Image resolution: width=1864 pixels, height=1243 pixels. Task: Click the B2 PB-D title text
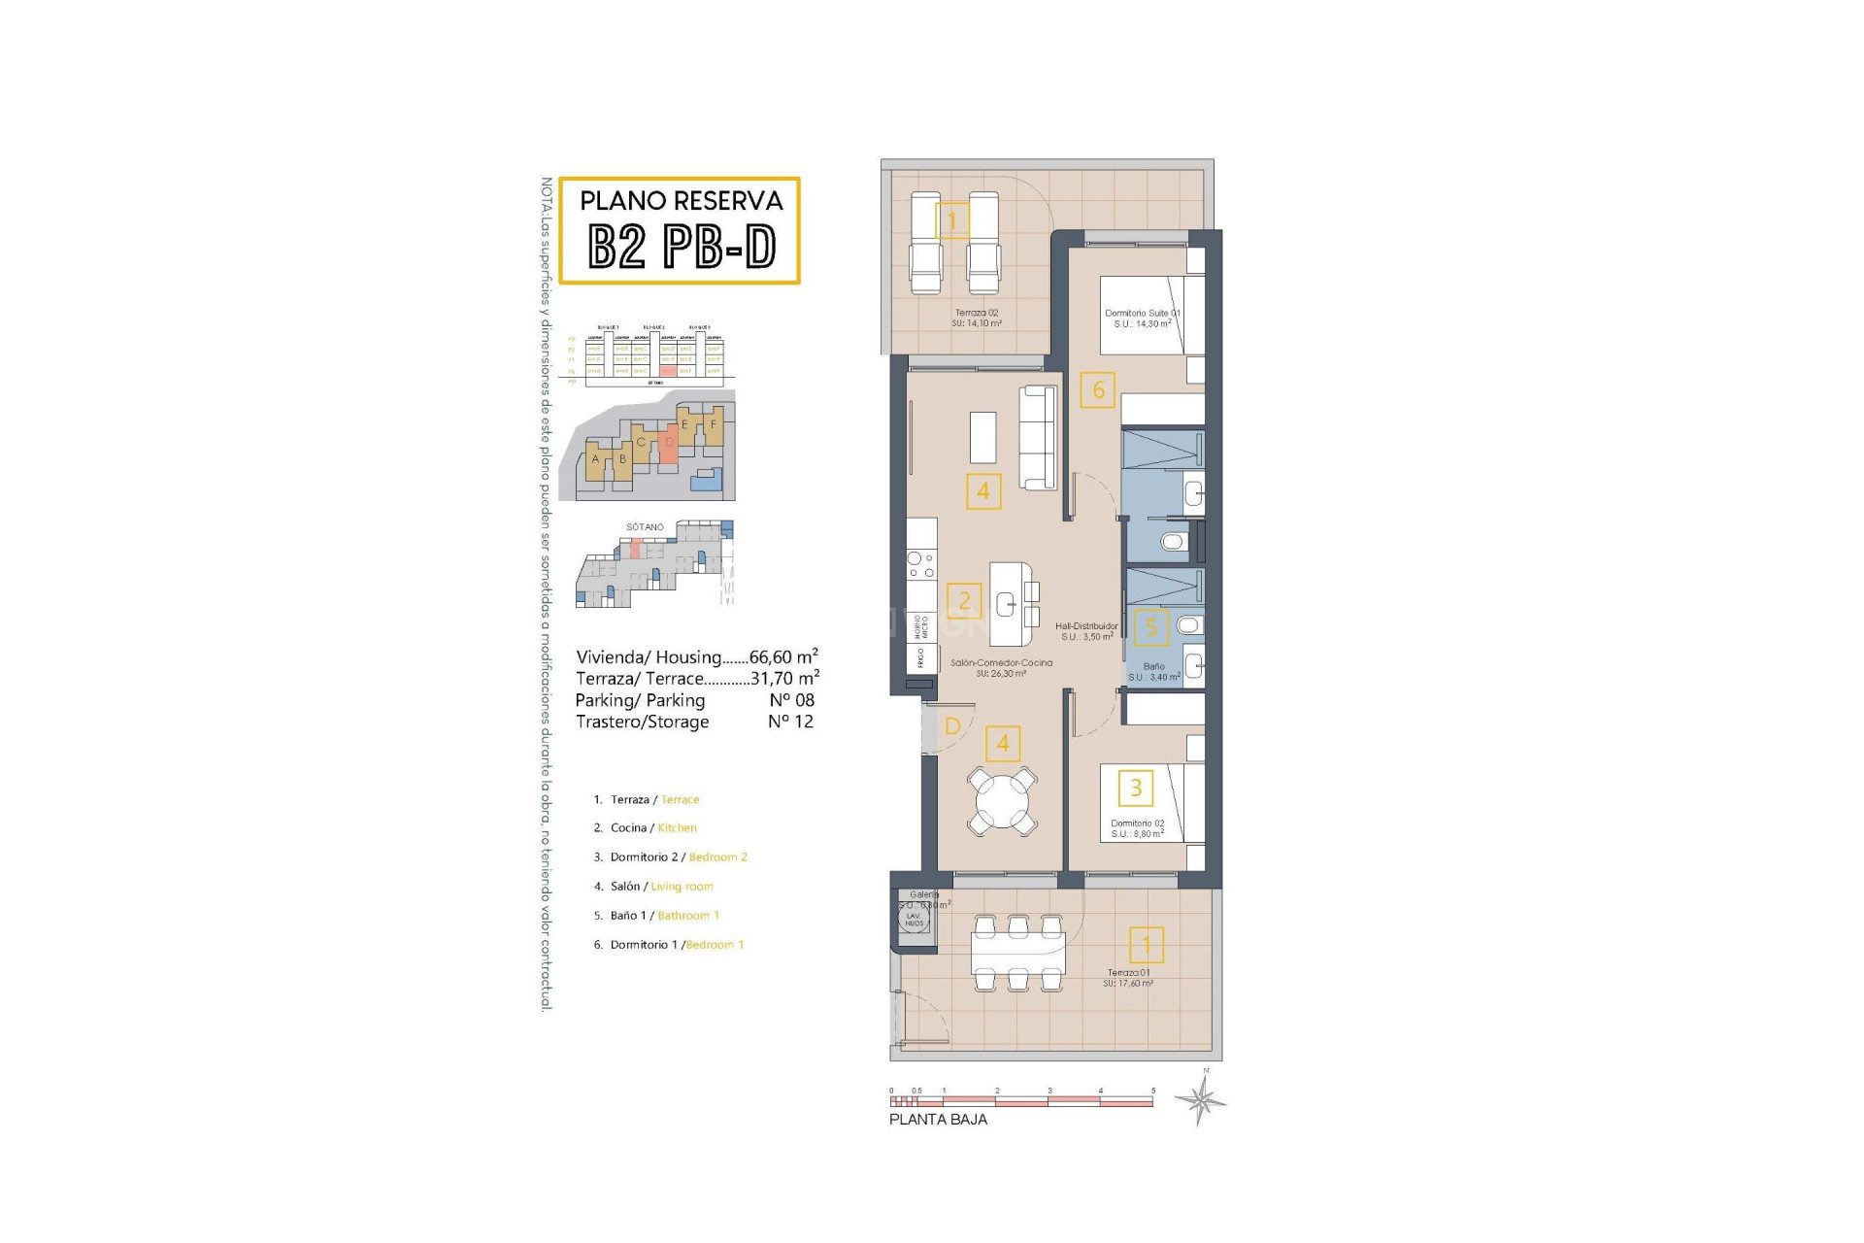[x=682, y=247]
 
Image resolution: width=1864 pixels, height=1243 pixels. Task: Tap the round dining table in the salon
[x=1003, y=800]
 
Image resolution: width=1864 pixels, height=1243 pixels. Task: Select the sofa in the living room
[x=1038, y=438]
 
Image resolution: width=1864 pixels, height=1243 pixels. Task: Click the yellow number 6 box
[x=1098, y=390]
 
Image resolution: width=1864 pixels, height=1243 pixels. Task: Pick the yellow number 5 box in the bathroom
[x=1151, y=627]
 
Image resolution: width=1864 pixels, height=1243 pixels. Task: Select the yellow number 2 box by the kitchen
[x=964, y=601]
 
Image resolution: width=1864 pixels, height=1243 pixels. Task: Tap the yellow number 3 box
[x=1135, y=788]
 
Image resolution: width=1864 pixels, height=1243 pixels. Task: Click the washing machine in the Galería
[x=915, y=918]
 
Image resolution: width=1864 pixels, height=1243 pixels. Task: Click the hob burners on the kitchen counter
[x=921, y=564]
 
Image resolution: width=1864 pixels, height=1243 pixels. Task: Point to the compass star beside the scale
[x=1201, y=1100]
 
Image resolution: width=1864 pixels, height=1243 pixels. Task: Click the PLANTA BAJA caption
[x=938, y=1120]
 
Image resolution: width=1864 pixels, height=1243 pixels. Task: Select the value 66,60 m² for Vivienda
[x=782, y=657]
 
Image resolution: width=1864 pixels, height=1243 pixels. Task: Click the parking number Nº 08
[x=791, y=700]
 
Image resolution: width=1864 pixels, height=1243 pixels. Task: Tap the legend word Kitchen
[x=677, y=828]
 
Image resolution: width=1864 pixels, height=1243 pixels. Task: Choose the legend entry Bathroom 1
[x=688, y=916]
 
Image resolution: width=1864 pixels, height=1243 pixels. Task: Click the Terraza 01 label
[x=1128, y=972]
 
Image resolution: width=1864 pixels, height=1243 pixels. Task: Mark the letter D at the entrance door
[x=952, y=726]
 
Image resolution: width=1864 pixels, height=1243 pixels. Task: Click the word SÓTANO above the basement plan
[x=645, y=527]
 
